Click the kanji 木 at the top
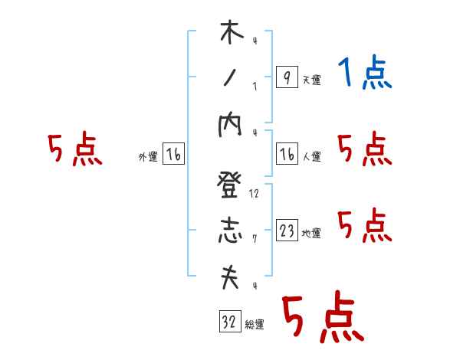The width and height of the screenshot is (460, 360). click(230, 34)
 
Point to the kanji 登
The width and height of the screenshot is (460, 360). click(230, 186)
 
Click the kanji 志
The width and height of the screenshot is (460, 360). click(230, 231)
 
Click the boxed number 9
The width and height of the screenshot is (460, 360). click(286, 77)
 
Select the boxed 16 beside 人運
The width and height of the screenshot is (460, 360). click(286, 155)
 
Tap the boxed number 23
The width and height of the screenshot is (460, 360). click(286, 231)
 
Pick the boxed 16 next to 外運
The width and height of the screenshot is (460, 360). click(173, 155)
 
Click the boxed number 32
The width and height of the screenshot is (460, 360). click(229, 322)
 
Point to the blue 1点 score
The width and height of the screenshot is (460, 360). click(365, 74)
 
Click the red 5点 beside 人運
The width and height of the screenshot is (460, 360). click(365, 149)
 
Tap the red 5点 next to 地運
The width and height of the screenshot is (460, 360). click(365, 226)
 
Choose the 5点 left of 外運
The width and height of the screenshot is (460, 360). click(74, 149)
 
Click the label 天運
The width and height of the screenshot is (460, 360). click(311, 80)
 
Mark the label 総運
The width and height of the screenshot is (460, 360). click(255, 325)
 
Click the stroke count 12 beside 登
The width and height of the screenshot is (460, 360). click(254, 194)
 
